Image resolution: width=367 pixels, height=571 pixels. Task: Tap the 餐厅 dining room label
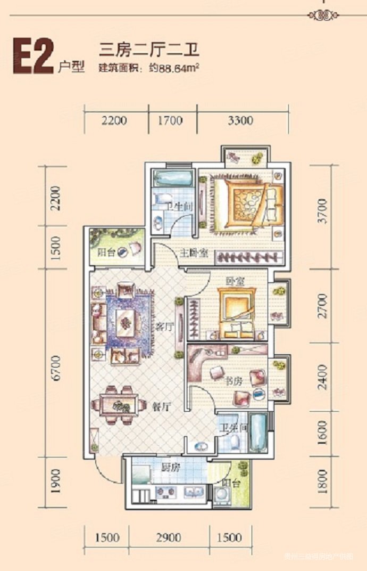coord(161,406)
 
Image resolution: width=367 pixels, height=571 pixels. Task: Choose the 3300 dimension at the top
coord(240,120)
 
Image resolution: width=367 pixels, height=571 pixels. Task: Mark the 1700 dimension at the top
coord(170,120)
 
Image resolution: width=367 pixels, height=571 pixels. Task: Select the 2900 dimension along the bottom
coord(169,537)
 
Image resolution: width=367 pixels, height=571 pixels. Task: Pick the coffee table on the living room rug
coord(126,321)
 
